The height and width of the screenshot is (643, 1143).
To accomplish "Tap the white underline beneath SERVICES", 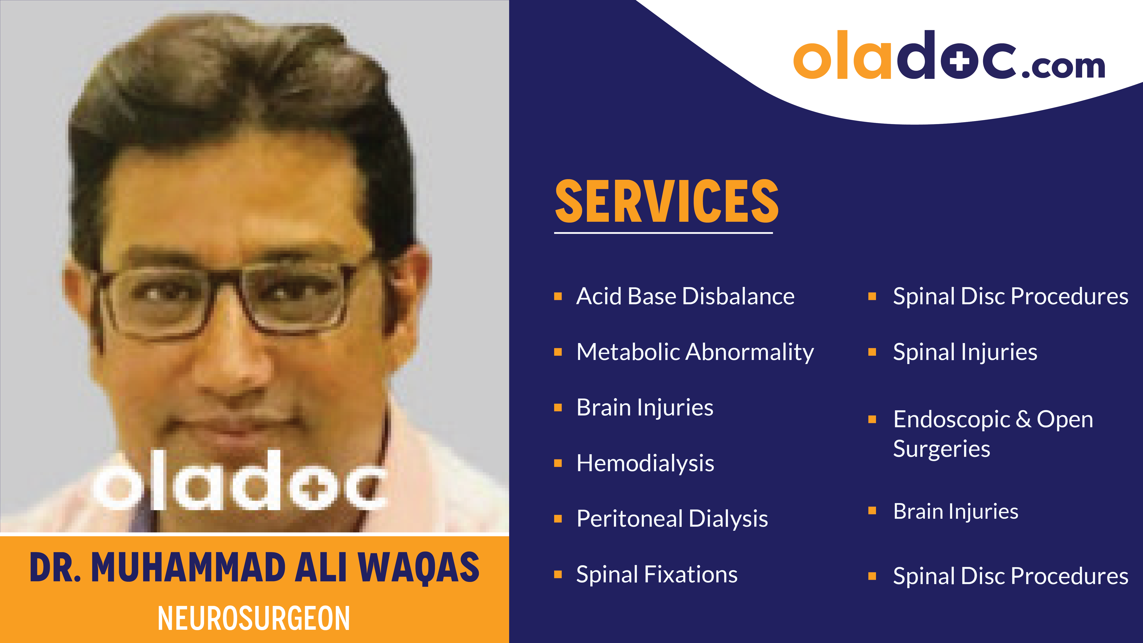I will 663,232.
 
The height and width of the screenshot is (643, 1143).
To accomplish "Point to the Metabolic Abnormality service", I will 695,352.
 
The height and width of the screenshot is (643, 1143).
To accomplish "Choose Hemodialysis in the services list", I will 645,463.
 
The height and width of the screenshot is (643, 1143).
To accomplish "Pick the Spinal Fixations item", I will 657,575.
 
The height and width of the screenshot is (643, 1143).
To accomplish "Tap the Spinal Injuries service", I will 965,352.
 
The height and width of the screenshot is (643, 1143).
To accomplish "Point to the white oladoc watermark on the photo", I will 240,481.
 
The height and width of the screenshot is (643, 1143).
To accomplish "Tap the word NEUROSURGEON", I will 254,618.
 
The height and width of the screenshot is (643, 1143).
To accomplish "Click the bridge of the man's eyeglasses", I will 226,284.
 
